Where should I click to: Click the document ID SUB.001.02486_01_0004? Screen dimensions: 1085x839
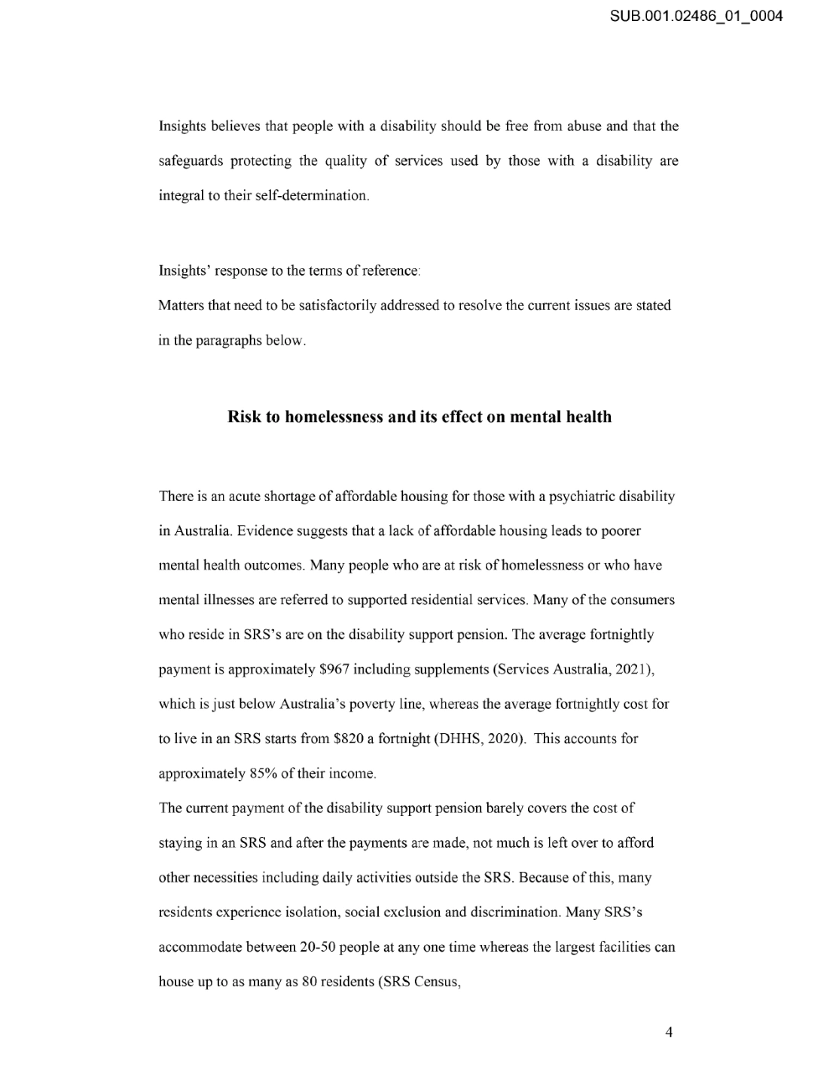[697, 15]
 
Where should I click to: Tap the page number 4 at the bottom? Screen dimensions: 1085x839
[669, 1032]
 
